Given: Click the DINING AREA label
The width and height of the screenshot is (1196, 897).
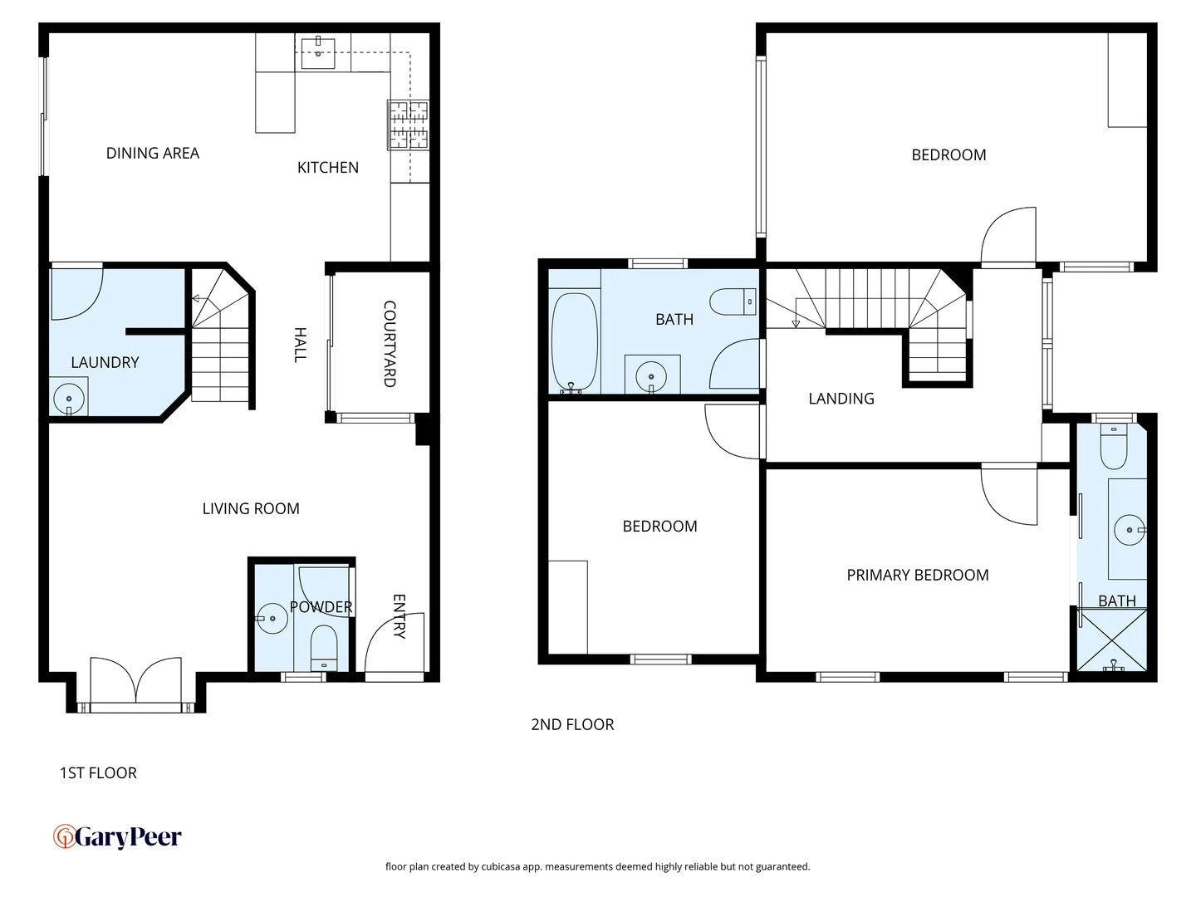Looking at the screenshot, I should (x=153, y=153).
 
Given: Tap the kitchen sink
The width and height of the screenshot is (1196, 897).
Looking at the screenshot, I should (x=317, y=52).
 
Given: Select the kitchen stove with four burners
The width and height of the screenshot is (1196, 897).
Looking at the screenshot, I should (x=408, y=125).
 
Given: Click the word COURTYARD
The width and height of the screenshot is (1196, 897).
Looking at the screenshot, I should (x=389, y=344).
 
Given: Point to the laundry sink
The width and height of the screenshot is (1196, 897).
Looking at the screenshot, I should (x=69, y=398).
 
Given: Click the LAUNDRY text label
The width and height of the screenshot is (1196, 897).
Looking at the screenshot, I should (x=105, y=362).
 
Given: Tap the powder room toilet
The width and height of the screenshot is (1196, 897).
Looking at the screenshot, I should (x=324, y=648).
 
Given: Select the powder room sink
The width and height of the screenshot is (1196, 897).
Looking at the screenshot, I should (x=272, y=618).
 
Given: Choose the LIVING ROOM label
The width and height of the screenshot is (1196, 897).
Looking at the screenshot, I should (x=251, y=508).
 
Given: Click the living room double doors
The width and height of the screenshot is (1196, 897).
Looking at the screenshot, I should (x=135, y=683).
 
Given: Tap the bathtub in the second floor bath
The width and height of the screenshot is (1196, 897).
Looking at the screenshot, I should (x=574, y=341).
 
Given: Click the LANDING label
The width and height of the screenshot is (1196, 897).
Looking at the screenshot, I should (x=841, y=399).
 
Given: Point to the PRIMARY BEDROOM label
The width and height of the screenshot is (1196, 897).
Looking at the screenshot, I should (x=917, y=575).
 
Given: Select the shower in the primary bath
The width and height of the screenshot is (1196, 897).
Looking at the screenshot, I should (x=1111, y=640).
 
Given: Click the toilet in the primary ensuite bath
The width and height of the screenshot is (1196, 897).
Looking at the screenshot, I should (x=1113, y=448).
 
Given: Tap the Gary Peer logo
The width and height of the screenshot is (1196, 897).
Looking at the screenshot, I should (x=117, y=836).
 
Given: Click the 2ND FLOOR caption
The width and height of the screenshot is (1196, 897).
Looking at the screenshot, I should (x=572, y=724).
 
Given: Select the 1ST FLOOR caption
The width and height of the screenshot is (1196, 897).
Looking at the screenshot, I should (x=98, y=772).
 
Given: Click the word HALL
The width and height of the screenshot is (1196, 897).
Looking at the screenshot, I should (x=301, y=345).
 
